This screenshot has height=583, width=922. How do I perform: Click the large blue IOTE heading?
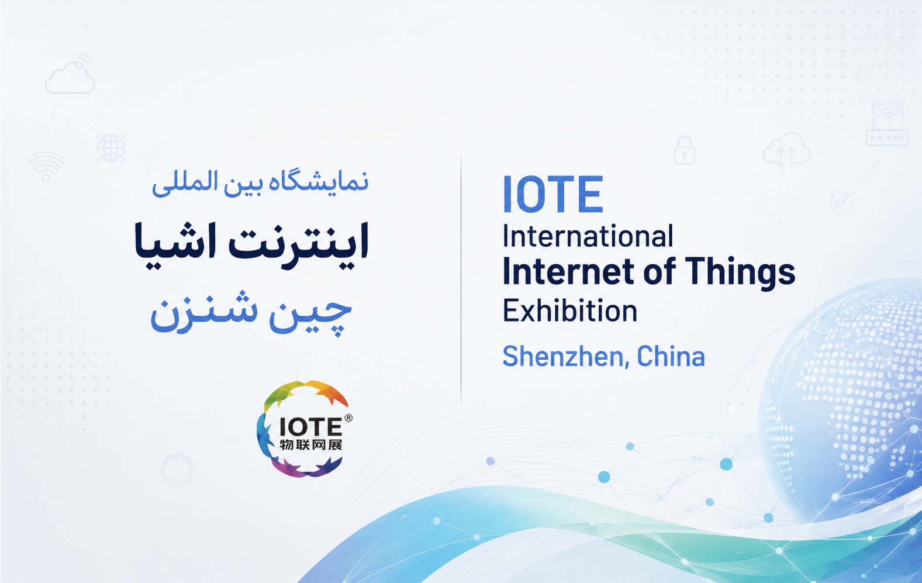point(553,194)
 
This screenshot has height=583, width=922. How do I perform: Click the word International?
point(588,236)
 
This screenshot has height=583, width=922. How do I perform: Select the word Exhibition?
point(570,311)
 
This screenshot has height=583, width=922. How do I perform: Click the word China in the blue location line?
point(671,356)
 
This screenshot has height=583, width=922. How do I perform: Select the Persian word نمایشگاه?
point(319,183)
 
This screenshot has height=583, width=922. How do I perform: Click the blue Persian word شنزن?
point(204,313)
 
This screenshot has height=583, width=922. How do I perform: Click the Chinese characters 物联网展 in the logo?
point(311,445)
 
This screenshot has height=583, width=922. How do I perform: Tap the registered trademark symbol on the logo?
point(348,418)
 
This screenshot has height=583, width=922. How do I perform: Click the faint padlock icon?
point(684,150)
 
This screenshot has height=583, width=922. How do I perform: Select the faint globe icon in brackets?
point(110,148)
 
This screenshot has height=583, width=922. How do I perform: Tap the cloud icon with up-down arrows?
point(786,150)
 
